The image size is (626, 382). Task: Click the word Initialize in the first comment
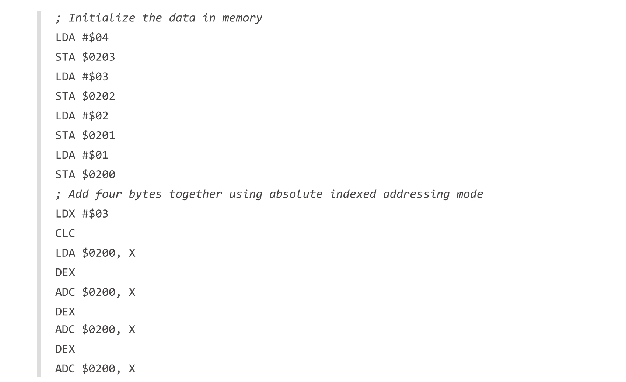click(102, 18)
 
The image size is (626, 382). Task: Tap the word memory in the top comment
click(242, 18)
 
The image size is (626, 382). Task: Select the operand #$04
click(95, 37)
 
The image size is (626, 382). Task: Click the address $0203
click(98, 57)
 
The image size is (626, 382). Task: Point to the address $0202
click(98, 96)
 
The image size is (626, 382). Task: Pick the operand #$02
click(95, 116)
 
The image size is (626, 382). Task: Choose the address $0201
click(98, 135)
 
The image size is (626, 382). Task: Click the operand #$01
click(95, 155)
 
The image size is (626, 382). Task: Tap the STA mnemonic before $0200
click(65, 174)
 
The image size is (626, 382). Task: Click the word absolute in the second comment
click(296, 194)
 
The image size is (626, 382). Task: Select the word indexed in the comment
click(353, 194)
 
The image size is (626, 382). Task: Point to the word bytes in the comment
click(145, 194)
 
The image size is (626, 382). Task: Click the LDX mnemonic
click(65, 213)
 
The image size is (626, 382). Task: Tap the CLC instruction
click(65, 233)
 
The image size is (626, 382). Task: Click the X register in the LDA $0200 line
click(132, 253)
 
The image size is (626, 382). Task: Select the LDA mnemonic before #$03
click(65, 76)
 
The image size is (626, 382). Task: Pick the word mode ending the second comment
click(469, 194)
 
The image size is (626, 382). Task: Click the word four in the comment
click(108, 194)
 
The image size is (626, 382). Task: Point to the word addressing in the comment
click(416, 194)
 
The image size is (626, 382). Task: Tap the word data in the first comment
click(182, 18)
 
